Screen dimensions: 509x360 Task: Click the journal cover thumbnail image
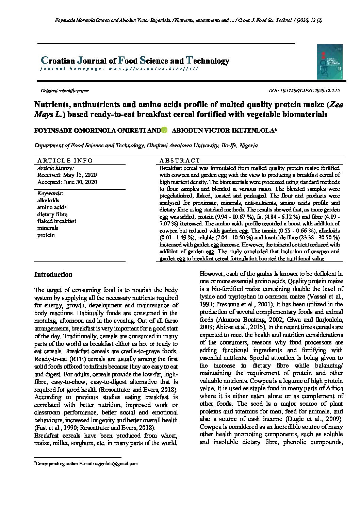[329, 62]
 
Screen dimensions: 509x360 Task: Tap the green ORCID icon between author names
[165, 130]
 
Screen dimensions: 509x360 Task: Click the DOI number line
[304, 90]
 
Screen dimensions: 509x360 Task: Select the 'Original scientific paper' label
[65, 90]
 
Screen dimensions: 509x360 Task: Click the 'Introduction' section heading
[53, 274]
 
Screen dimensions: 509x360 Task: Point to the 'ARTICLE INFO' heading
[65, 160]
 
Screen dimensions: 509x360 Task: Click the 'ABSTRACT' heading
[180, 160]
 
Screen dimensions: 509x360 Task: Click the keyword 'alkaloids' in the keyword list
[48, 200]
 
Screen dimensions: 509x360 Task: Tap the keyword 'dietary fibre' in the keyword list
[52, 214]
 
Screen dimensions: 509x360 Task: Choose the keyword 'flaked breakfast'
[56, 221]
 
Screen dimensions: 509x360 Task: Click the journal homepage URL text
[153, 68]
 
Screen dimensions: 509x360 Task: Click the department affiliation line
[146, 145]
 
